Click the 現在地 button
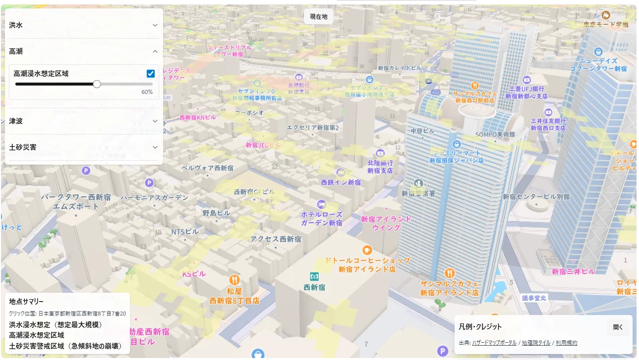[318, 16]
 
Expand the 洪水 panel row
[84, 25]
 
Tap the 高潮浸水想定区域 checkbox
[151, 74]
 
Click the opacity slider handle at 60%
[97, 84]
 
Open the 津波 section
[84, 121]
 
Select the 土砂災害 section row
[84, 147]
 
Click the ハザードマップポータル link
[494, 343]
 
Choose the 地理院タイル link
[536, 343]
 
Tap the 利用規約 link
[566, 343]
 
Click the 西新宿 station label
[314, 286]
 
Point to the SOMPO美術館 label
[495, 134]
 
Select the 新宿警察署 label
[419, 193]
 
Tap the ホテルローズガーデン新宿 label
[322, 219]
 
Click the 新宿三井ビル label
[573, 271]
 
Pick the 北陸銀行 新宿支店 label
[380, 166]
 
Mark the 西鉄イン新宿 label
[341, 182]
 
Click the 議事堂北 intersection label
[534, 298]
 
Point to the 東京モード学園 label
[605, 24]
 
